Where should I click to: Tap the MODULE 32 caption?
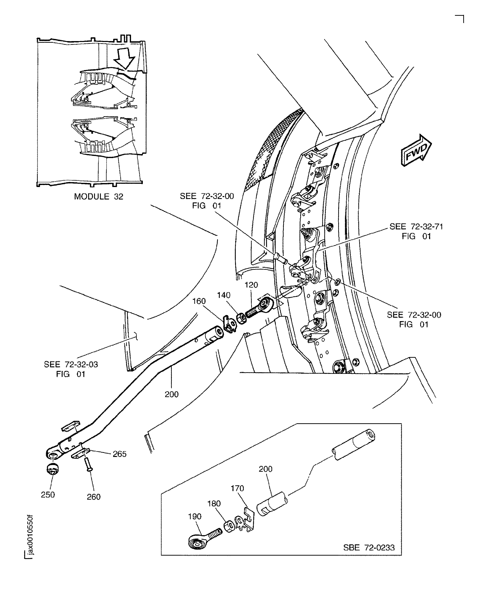click(x=98, y=197)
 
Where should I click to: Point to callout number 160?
click(x=199, y=301)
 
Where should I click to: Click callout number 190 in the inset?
click(x=195, y=516)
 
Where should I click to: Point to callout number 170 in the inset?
click(x=237, y=488)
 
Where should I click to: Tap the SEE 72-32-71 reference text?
click(x=416, y=231)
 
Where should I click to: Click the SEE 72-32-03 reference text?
click(x=71, y=369)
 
